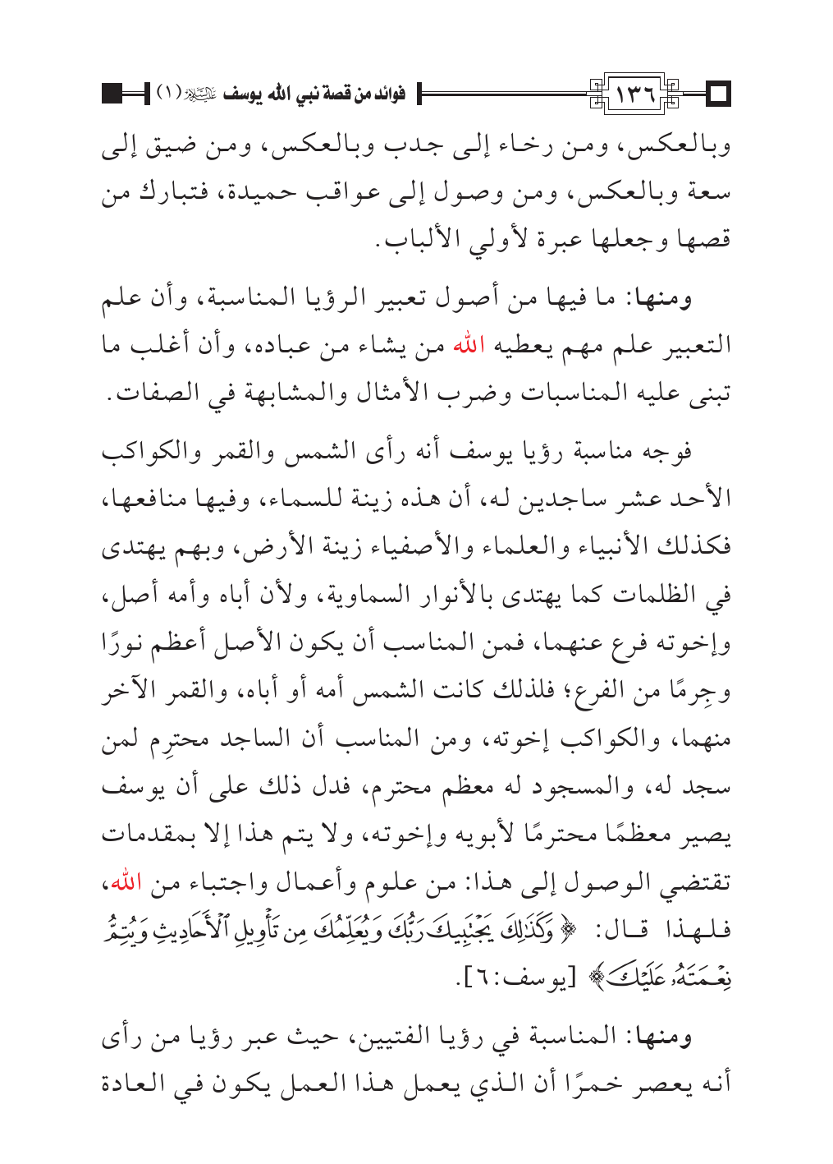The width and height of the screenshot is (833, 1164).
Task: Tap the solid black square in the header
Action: [112, 94]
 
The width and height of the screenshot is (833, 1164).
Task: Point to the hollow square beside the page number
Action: [719, 95]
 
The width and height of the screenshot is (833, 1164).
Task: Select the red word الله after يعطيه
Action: [470, 343]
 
